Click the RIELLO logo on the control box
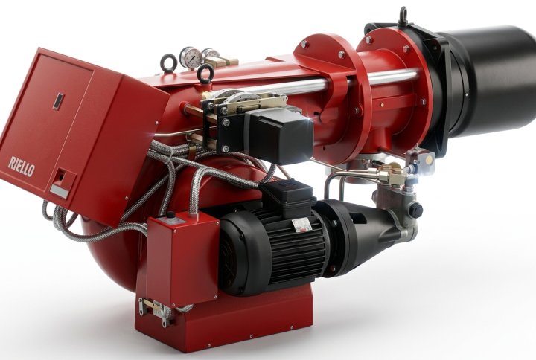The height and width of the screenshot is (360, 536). pos(21,167)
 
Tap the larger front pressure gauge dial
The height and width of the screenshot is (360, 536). pos(190,57)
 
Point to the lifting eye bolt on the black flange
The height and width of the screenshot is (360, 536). pos(403,16)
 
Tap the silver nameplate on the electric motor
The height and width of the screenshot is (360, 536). pos(301,225)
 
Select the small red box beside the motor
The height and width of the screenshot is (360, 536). pos(183,259)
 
